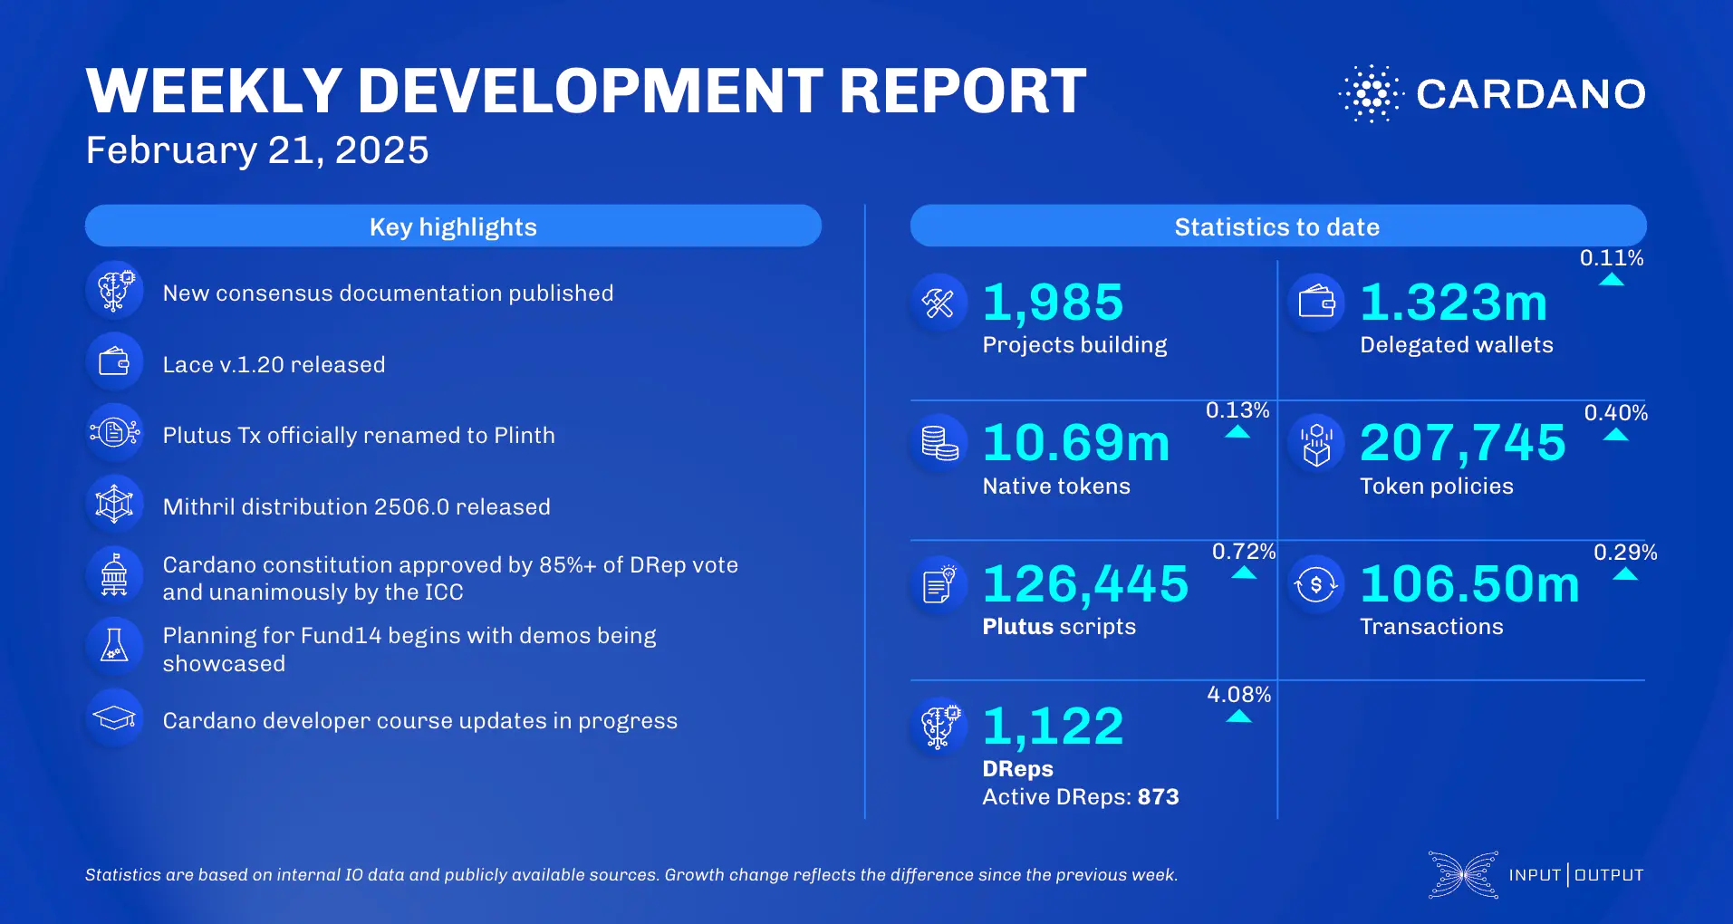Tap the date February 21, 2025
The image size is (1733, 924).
tap(257, 150)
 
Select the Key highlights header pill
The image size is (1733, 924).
tap(453, 226)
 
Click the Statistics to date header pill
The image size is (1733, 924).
tap(1277, 226)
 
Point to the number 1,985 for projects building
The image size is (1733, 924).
tap(1053, 303)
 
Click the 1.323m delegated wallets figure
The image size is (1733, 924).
tap(1453, 303)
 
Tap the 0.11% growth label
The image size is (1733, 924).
tap(1611, 258)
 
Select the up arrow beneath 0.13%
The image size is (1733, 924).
tap(1237, 433)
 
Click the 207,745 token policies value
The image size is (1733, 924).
tap(1462, 443)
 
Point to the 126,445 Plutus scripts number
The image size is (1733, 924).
tap(1085, 583)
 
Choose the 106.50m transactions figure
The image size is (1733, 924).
tap(1469, 583)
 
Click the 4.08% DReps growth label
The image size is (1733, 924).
tap(1238, 695)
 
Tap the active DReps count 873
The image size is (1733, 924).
tap(1158, 797)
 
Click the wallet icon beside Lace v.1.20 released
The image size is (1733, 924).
tap(114, 362)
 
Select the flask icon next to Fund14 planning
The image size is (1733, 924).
tap(114, 645)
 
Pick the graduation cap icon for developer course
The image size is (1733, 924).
tap(114, 718)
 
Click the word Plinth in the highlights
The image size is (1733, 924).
tap(524, 436)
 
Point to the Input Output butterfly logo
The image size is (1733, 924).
tap(1462, 875)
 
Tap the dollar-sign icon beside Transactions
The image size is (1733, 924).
tap(1315, 584)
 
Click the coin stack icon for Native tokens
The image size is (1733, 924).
tap(939, 443)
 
